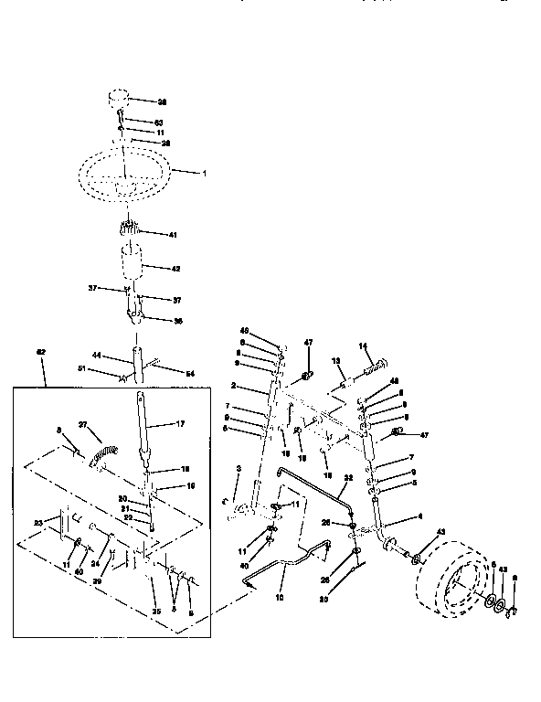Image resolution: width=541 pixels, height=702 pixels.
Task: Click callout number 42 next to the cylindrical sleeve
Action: click(176, 268)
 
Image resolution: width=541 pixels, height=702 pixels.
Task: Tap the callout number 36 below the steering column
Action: click(177, 320)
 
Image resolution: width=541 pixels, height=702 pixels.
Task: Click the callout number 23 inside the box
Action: click(38, 523)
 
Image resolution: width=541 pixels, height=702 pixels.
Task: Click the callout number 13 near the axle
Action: click(335, 360)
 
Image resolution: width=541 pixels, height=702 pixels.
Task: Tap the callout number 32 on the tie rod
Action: click(347, 477)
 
